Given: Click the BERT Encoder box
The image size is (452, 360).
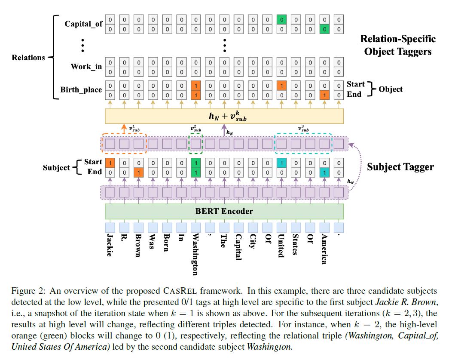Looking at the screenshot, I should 224,211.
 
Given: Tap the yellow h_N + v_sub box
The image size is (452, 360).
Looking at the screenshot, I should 224,116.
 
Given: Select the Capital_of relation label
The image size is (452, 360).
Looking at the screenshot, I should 83,24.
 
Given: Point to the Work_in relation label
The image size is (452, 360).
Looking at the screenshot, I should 86,67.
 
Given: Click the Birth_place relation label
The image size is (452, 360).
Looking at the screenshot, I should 82,90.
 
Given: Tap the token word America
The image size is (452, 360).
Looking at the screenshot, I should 324,249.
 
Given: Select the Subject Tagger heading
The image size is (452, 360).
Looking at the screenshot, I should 400,167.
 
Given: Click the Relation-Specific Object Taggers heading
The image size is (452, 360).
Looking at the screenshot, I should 397,45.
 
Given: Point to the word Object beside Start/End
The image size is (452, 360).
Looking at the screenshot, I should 391,89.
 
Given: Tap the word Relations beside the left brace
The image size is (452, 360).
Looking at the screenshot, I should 28,57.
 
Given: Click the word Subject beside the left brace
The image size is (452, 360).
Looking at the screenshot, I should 56,167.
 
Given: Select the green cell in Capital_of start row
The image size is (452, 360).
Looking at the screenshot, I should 281,19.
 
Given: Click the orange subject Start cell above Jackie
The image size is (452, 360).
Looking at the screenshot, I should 110,163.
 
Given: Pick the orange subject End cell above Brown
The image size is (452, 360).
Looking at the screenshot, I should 139,172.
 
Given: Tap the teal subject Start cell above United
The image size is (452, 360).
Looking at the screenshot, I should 281,163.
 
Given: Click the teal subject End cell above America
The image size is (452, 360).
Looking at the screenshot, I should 324,172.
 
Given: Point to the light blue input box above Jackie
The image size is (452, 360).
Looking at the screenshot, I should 110,227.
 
